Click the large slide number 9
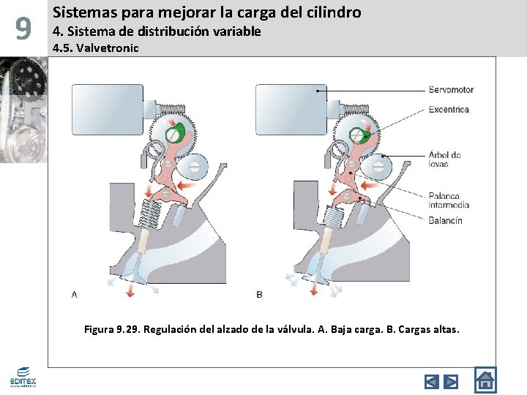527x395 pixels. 23,29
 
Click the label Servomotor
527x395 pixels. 451,90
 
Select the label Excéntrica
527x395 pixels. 449,110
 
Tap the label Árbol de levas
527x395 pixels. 444,159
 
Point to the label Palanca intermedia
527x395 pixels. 449,200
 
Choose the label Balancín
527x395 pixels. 445,220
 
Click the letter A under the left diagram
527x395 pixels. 74,294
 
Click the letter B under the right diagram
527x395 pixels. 259,294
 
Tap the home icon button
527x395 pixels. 485,380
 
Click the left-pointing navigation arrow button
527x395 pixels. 432,381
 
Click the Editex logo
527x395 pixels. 23,378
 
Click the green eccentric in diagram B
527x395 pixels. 359,135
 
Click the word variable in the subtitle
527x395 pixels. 236,31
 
